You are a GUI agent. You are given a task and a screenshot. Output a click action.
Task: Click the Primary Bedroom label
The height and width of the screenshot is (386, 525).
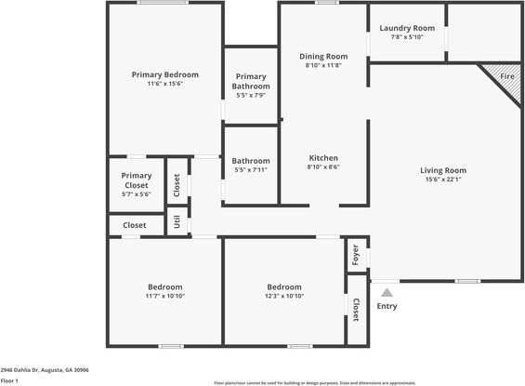164,74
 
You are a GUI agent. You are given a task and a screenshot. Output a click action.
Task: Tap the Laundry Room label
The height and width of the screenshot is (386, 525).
407,28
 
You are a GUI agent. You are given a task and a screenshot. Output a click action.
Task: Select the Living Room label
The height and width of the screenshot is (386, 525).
443,170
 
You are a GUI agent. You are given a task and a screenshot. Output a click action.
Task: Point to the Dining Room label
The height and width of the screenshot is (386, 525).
323,56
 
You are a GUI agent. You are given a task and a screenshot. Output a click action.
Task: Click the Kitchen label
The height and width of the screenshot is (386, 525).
323,158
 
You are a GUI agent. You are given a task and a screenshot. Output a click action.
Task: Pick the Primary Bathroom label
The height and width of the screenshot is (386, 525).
251,82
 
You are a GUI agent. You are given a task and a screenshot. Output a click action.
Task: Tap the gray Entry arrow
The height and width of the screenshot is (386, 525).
387,293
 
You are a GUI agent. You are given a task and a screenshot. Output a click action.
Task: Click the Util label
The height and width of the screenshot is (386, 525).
177,222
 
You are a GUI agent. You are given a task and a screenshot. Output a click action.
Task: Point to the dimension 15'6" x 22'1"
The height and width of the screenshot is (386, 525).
443,180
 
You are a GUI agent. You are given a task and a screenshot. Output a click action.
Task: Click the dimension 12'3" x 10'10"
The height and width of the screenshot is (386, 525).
284,296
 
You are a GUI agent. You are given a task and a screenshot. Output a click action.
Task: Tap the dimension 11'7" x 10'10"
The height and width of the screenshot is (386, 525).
164,296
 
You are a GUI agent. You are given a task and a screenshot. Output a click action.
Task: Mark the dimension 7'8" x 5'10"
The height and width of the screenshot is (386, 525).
407,37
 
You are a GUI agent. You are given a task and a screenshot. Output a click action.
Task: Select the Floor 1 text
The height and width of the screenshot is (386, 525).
10,380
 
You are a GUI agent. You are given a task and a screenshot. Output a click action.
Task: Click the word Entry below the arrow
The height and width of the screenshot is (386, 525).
387,306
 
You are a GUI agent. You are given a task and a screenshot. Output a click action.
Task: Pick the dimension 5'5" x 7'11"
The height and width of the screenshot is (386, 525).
251,170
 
